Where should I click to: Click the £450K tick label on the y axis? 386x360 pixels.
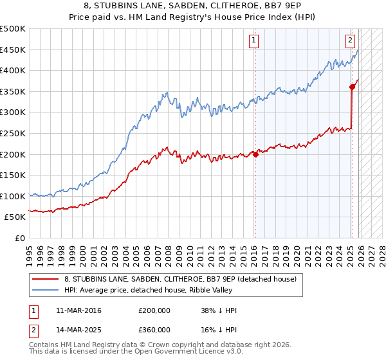coord(13,50)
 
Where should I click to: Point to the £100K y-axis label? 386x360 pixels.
coord(13,196)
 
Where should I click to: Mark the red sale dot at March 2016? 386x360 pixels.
coord(255,154)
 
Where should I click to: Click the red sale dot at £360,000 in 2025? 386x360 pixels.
coord(353,87)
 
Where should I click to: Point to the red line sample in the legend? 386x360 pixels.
coord(46,279)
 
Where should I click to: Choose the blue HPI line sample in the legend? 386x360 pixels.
coord(46,290)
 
